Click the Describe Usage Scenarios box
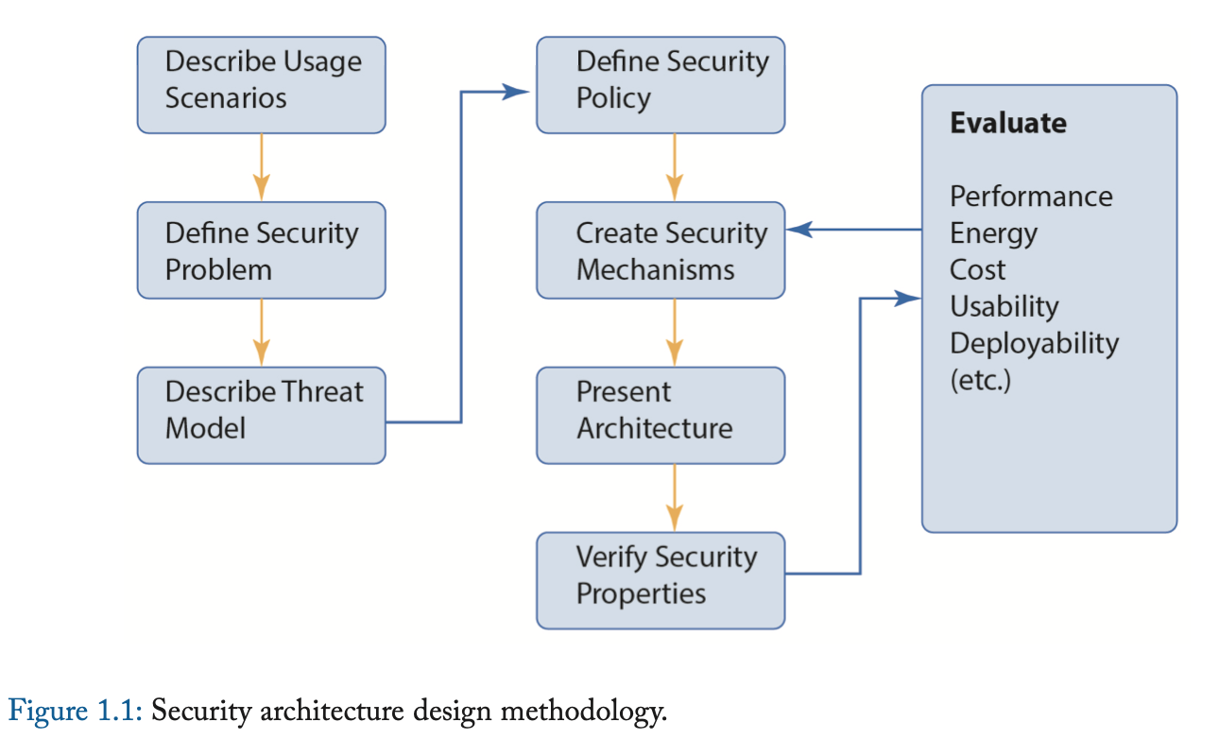[x=261, y=85]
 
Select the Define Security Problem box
[x=261, y=250]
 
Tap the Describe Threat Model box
[x=261, y=416]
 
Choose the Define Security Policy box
[x=661, y=85]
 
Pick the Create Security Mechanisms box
[x=661, y=250]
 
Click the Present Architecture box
[x=661, y=416]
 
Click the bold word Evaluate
[x=1007, y=124]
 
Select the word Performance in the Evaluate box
[x=1031, y=197]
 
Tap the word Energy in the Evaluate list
[x=993, y=233]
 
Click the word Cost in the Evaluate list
[x=978, y=270]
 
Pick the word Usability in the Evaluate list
[x=1004, y=307]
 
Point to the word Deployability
[x=1034, y=343]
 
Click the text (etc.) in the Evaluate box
[x=980, y=381]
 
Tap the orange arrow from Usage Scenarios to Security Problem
[x=262, y=167]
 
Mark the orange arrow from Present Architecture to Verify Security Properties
[x=674, y=498]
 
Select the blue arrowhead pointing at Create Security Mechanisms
[x=799, y=230]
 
